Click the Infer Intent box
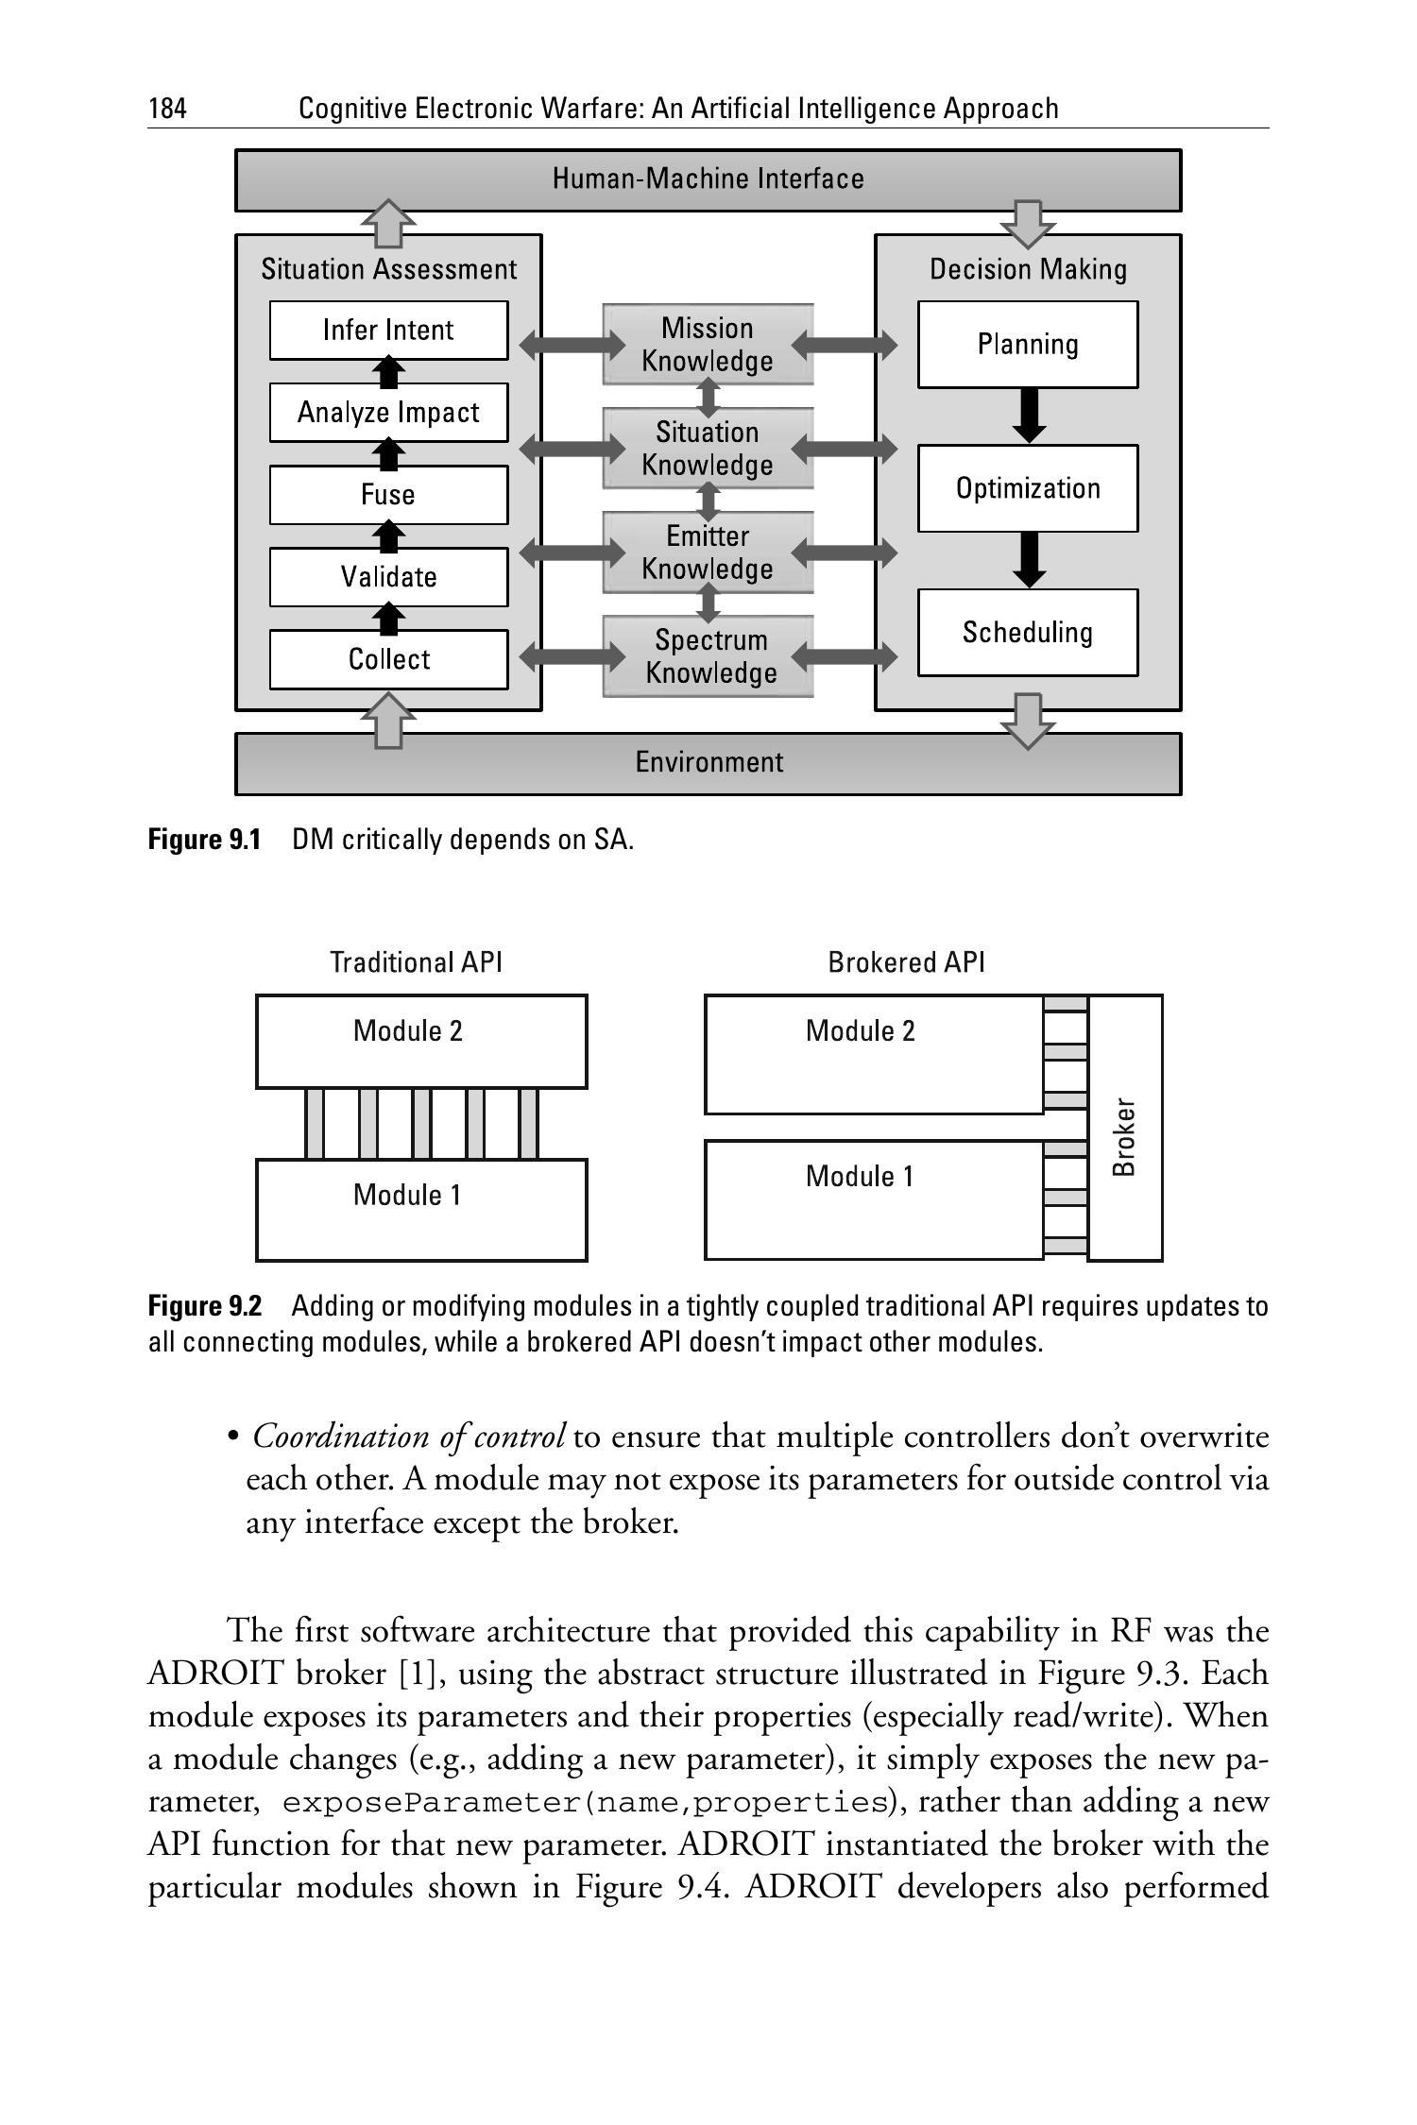pyautogui.click(x=388, y=331)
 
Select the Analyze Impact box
pyautogui.click(x=388, y=413)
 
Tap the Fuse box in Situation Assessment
pyautogui.click(x=388, y=495)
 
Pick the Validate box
pyautogui.click(x=388, y=577)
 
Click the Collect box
pyautogui.click(x=388, y=659)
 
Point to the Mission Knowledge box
pyautogui.click(x=708, y=345)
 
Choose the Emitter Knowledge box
pyautogui.click(x=708, y=552)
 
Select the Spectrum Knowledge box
pyautogui.click(x=708, y=656)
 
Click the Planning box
pyautogui.click(x=1028, y=345)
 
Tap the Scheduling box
pyautogui.click(x=1028, y=633)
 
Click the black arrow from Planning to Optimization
pyautogui.click(x=1029, y=416)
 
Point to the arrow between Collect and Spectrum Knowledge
pyautogui.click(x=572, y=656)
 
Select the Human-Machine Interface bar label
pyautogui.click(x=708, y=179)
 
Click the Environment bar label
pyautogui.click(x=708, y=762)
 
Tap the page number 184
pyautogui.click(x=167, y=109)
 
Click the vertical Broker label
pyautogui.click(x=1124, y=1136)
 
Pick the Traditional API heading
pyautogui.click(x=416, y=962)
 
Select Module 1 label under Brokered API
pyautogui.click(x=860, y=1177)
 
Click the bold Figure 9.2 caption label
pyautogui.click(x=204, y=1306)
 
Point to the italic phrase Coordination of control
pyautogui.click(x=409, y=1436)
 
